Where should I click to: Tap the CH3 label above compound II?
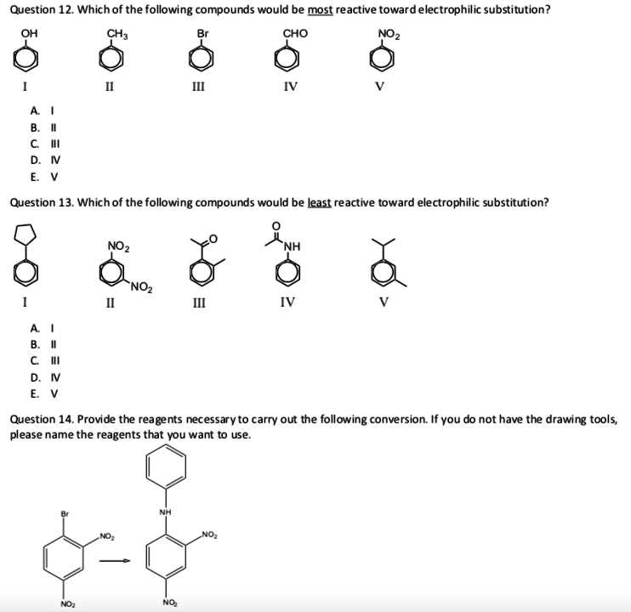coord(116,33)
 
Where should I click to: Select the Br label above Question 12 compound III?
coord(202,33)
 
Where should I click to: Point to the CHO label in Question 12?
coord(295,33)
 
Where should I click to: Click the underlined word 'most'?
coord(320,9)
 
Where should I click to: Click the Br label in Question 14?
coord(64,513)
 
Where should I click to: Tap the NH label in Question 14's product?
coord(164,512)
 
